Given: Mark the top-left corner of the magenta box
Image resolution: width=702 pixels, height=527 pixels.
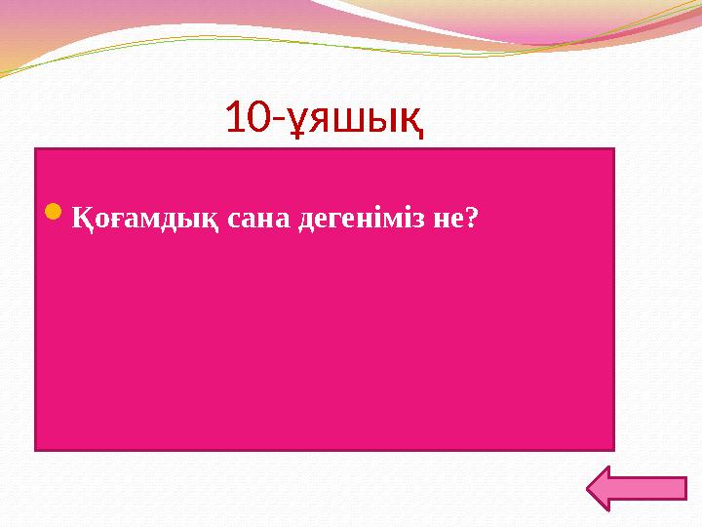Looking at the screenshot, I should [36, 149].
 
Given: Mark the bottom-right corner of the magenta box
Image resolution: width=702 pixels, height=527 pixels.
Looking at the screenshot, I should [613, 449].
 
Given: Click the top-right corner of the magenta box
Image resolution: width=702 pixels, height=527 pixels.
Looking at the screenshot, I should [613, 149].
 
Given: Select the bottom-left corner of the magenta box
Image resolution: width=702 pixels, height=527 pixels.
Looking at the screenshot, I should [36, 449].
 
